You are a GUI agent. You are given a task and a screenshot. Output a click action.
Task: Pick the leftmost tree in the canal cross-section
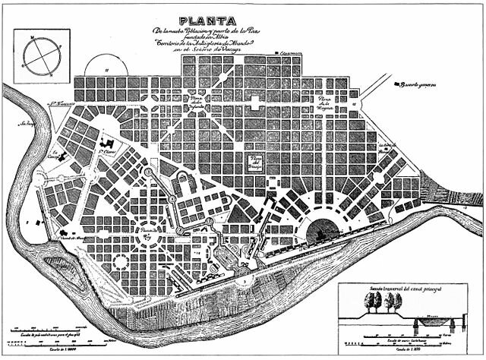[x=373, y=302]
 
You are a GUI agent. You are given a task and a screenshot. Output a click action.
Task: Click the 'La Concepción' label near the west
[x=54, y=154]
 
